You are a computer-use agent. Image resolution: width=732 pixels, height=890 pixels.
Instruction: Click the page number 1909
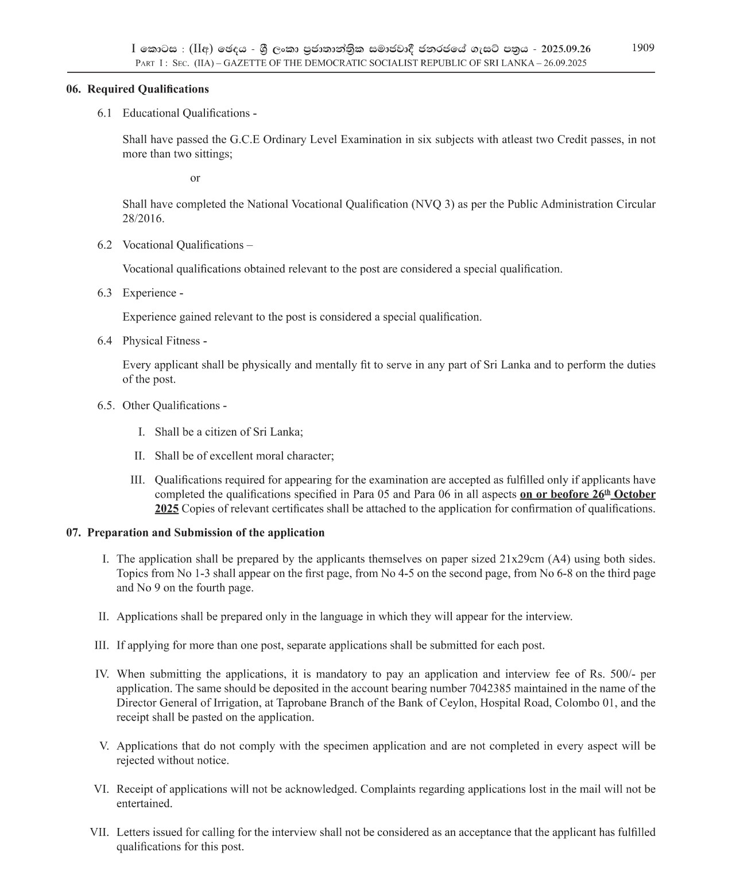tap(642, 48)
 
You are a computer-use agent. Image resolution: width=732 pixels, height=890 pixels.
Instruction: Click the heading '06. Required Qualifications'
tap(137, 89)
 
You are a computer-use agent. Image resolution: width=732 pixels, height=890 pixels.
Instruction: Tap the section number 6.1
tap(104, 113)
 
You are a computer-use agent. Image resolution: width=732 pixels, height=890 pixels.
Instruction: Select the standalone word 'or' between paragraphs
tap(195, 178)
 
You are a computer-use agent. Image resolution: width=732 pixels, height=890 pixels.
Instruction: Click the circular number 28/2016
tap(143, 219)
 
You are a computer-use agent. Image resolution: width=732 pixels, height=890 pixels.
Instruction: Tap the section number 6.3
tap(104, 293)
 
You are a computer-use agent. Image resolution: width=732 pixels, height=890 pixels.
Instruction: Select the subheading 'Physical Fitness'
tap(161, 341)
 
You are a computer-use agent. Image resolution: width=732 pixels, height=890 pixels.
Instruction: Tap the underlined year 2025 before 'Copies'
tap(166, 509)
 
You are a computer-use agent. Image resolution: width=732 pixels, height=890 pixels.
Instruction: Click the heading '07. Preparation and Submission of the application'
tap(195, 533)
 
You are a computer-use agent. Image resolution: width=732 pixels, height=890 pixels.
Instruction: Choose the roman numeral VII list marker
tap(99, 833)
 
